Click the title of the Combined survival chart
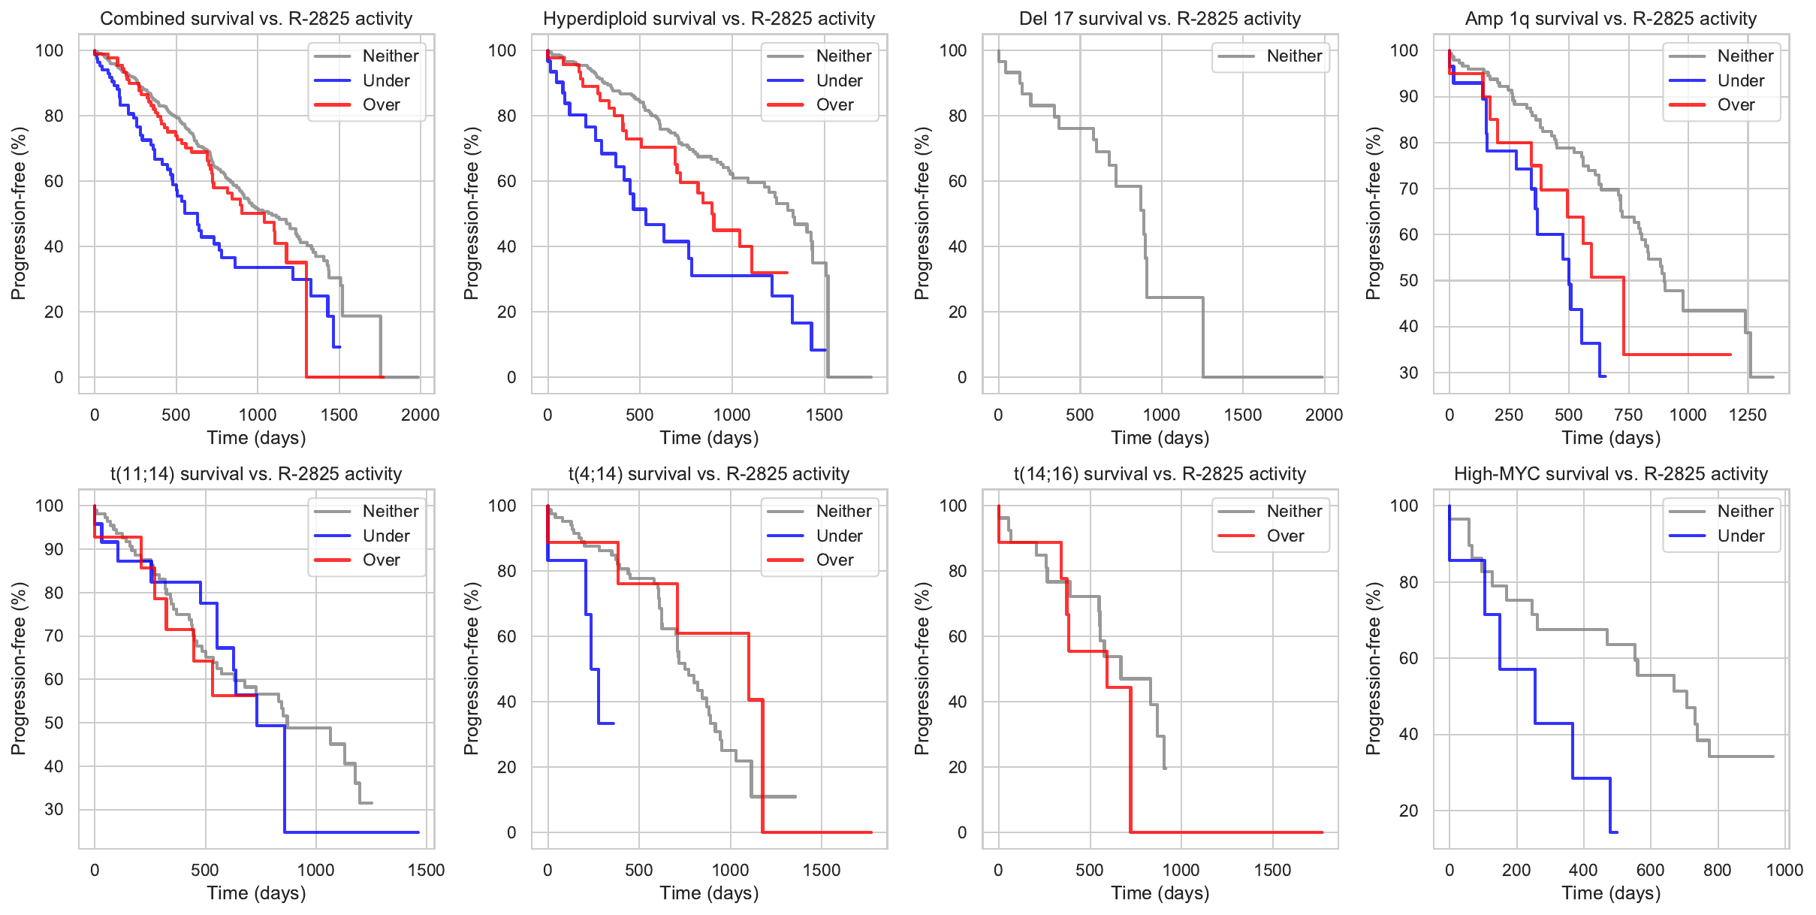coord(256,19)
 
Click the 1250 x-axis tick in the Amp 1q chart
coord(1748,415)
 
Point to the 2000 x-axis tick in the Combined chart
coord(420,415)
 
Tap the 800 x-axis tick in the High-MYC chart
coord(1718,870)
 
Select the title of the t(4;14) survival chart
coord(709,474)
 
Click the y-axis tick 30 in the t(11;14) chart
coord(54,809)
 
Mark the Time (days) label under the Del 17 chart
coord(1160,438)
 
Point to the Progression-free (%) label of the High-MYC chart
coord(1373,668)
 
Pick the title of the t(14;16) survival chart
coord(1160,474)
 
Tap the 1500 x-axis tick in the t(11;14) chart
coord(426,870)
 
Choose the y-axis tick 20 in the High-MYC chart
coord(1408,811)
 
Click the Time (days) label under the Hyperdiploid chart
coord(709,438)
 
